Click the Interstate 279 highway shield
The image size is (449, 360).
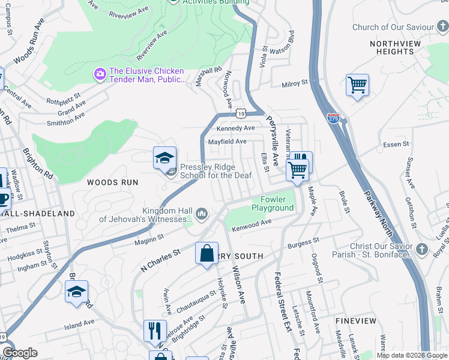[x=333, y=118]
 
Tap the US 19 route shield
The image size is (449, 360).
[x=241, y=112]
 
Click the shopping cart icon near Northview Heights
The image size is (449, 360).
[x=357, y=85]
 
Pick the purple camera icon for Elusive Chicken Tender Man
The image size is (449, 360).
[x=100, y=74]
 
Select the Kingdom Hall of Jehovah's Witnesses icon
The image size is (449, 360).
[x=202, y=213]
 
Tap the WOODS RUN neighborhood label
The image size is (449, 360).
[x=112, y=182]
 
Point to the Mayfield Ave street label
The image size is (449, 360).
[x=227, y=142]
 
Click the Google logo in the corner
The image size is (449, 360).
[x=20, y=353]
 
